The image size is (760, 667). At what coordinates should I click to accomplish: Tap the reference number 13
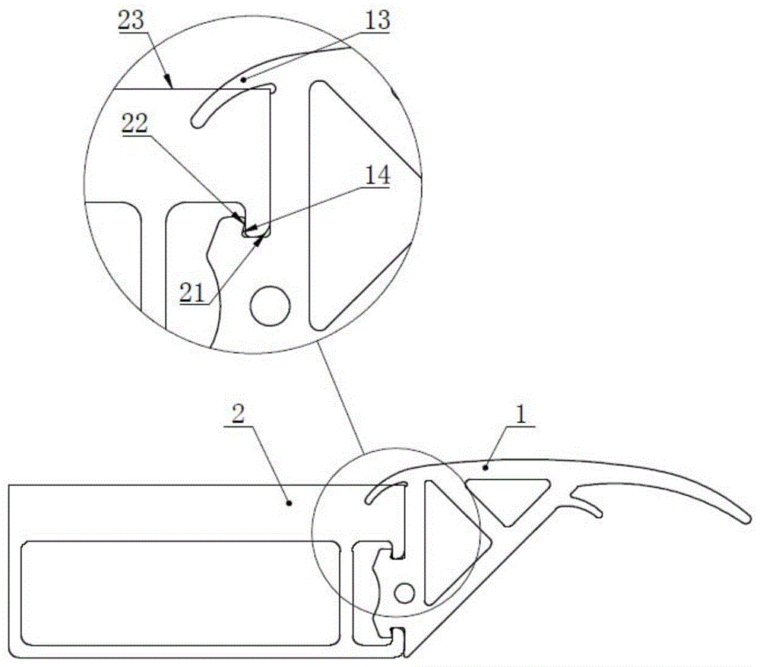pos(377,20)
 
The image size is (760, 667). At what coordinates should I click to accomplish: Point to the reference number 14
pos(377,176)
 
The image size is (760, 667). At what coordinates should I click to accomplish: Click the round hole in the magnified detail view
pos(271,306)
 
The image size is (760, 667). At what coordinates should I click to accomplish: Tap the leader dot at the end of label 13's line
pos(243,78)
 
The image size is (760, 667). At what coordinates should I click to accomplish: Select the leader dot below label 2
pos(288,502)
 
